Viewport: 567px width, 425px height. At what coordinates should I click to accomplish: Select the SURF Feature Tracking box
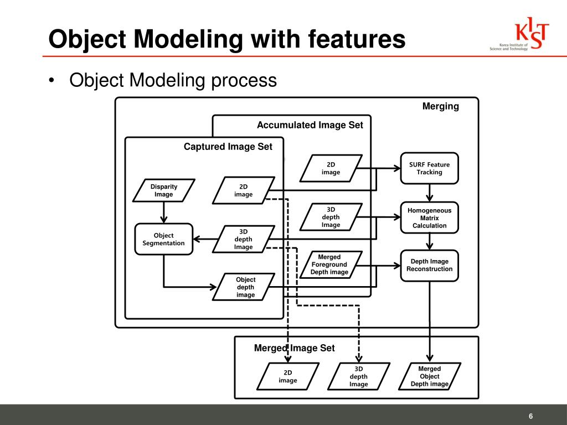click(x=429, y=168)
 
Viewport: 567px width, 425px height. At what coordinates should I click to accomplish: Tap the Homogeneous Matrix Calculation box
click(x=429, y=218)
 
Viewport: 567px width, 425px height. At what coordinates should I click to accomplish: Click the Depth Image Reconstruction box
click(x=429, y=265)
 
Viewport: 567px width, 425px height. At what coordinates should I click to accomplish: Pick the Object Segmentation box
click(x=163, y=239)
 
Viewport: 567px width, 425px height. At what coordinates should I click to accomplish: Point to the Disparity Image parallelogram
click(x=164, y=190)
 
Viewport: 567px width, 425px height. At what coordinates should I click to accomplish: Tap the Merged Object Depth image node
click(x=429, y=376)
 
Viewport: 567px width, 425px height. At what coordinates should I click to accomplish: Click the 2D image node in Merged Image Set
click(x=288, y=376)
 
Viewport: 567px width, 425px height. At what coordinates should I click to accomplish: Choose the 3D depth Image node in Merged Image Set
click(x=358, y=376)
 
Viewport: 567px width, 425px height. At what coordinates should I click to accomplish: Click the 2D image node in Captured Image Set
click(x=243, y=190)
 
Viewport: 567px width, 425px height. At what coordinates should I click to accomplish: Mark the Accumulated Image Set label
click(x=310, y=126)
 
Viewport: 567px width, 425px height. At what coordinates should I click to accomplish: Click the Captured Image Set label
click(x=228, y=147)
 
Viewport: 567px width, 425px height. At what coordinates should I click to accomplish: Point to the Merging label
click(x=440, y=106)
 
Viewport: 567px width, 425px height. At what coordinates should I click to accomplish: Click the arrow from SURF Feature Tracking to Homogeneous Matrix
click(x=429, y=193)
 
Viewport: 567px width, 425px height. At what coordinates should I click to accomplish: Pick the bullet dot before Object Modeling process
click(x=51, y=81)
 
